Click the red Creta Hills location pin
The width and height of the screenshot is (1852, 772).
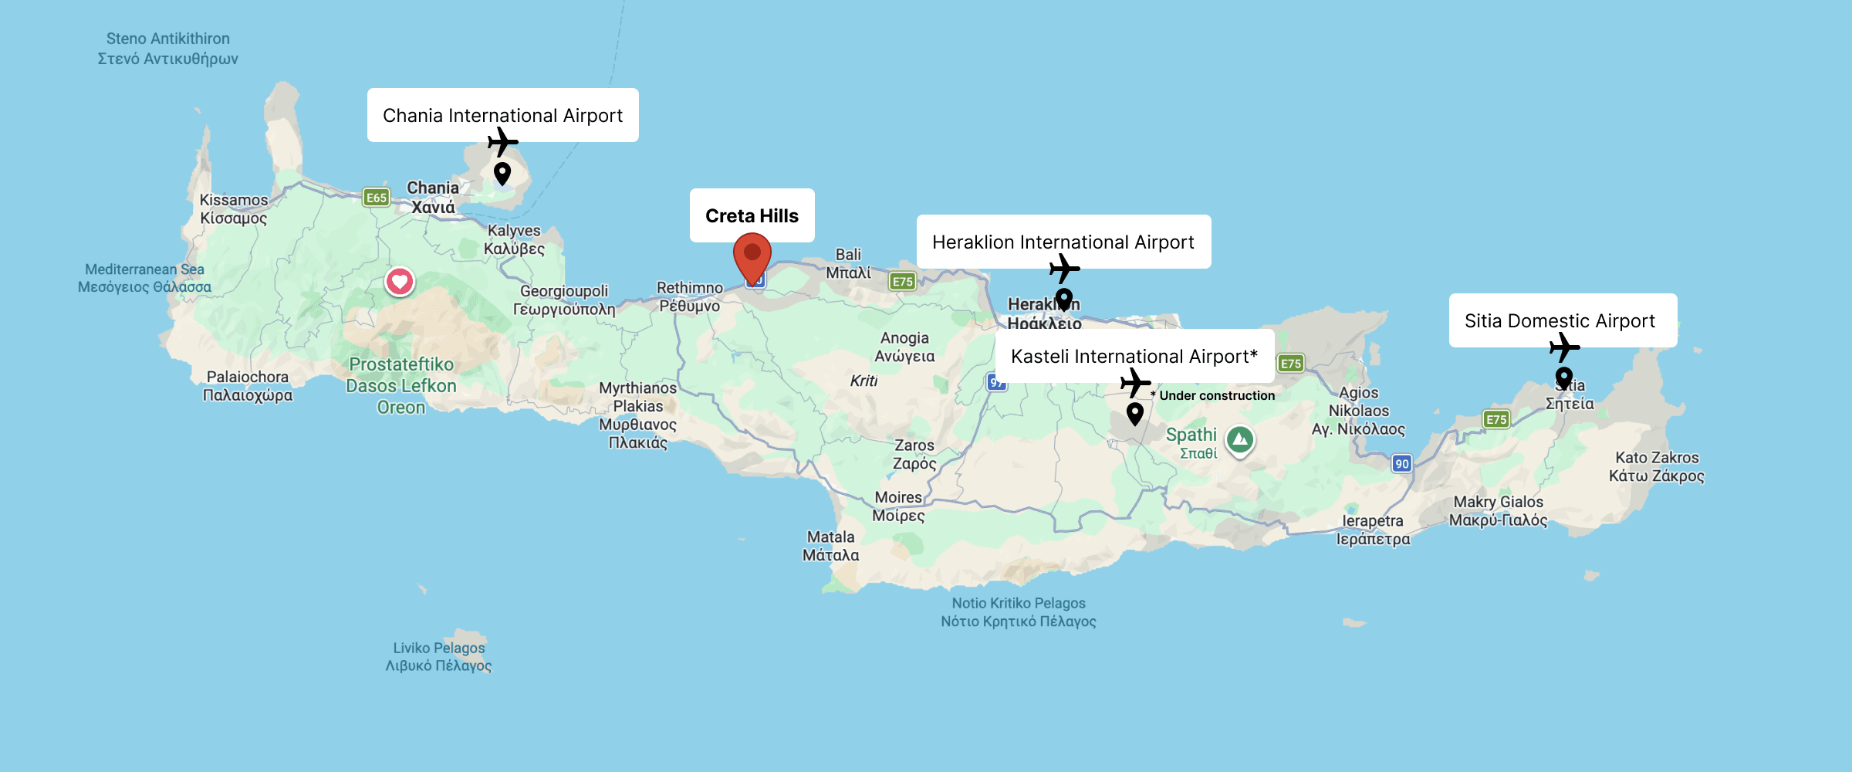coord(752,255)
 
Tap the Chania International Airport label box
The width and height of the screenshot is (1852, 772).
coord(502,115)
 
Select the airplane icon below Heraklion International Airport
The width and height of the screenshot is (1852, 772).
coord(1064,269)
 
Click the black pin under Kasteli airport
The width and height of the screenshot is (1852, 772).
coord(1134,413)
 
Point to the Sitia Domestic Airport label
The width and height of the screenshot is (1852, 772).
coord(1562,320)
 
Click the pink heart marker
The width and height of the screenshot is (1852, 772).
coord(400,281)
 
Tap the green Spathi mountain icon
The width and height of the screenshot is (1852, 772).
coord(1240,440)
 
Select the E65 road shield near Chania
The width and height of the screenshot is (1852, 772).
coord(376,198)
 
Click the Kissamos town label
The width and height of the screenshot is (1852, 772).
coord(233,209)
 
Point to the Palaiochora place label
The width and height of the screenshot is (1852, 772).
coord(248,386)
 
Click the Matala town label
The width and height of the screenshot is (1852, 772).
coord(830,546)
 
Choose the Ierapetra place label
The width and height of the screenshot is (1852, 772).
coord(1373,530)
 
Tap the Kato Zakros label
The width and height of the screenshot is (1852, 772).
coord(1657,466)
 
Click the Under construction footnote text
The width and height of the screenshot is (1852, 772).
coord(1216,395)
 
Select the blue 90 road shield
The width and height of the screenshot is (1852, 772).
coord(1401,463)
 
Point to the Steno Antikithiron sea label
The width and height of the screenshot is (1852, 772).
coord(167,48)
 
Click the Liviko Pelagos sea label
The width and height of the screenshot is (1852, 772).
coord(438,656)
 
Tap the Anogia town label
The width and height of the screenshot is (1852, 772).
coord(904,347)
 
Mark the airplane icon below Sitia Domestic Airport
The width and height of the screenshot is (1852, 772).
coord(1564,347)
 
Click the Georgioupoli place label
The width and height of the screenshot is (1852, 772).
coord(564,300)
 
